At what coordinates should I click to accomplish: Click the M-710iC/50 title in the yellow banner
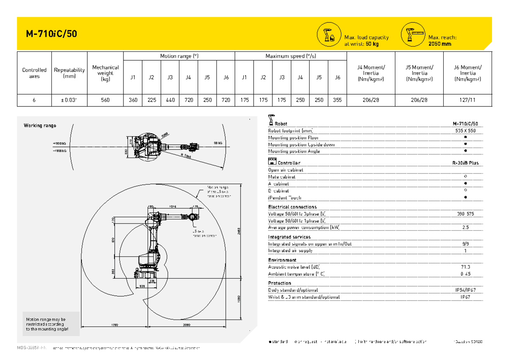pos(51,34)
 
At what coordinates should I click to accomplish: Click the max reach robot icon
pos(413,34)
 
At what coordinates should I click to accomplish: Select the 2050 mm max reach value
pos(440,44)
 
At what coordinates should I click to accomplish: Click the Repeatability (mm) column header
pos(69,73)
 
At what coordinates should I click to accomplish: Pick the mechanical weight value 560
pos(105,100)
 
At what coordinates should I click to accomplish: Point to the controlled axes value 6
pos(34,100)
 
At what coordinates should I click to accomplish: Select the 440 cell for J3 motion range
pos(170,100)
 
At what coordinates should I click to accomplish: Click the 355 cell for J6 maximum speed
pos(337,100)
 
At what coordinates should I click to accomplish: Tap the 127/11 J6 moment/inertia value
pos(467,100)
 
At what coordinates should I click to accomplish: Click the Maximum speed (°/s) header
pos(291,56)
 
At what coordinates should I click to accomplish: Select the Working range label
pos(40,126)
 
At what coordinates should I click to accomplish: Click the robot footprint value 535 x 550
pos(465,131)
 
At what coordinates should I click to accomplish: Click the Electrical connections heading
pos(292,207)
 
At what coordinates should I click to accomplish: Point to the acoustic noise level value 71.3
pos(465,267)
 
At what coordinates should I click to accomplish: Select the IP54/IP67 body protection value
pos(465,290)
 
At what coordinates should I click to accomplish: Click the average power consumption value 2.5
pos(465,227)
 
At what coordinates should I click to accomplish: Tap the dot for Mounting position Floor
pos(465,137)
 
